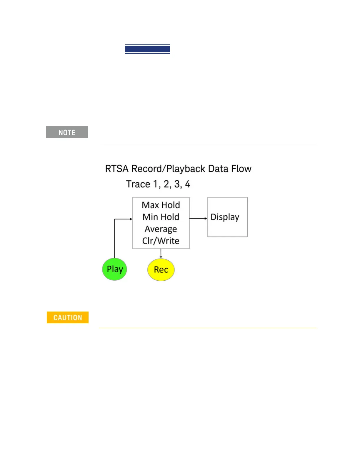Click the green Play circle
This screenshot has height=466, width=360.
tap(114, 269)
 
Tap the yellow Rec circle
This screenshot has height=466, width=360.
tap(161, 269)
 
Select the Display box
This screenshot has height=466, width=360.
tap(227, 217)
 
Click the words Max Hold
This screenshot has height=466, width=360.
tap(161, 205)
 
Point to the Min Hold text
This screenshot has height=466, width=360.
tap(161, 217)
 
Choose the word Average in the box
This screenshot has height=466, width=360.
tap(161, 229)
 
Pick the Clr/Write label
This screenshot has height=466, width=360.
tap(161, 241)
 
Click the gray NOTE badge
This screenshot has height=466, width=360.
tap(67, 132)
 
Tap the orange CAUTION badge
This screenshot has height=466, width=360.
tap(68, 317)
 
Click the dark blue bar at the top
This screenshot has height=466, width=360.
tap(148, 49)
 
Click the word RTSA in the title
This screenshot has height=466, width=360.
tap(117, 169)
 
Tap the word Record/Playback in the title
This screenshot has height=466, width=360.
tap(168, 169)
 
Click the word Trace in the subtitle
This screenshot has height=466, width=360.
tap(138, 184)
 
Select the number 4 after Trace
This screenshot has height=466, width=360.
tap(188, 184)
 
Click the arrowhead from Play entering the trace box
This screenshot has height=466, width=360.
tap(131, 219)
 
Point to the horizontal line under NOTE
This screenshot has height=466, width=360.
tap(208, 144)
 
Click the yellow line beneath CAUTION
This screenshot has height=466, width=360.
tap(208, 328)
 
